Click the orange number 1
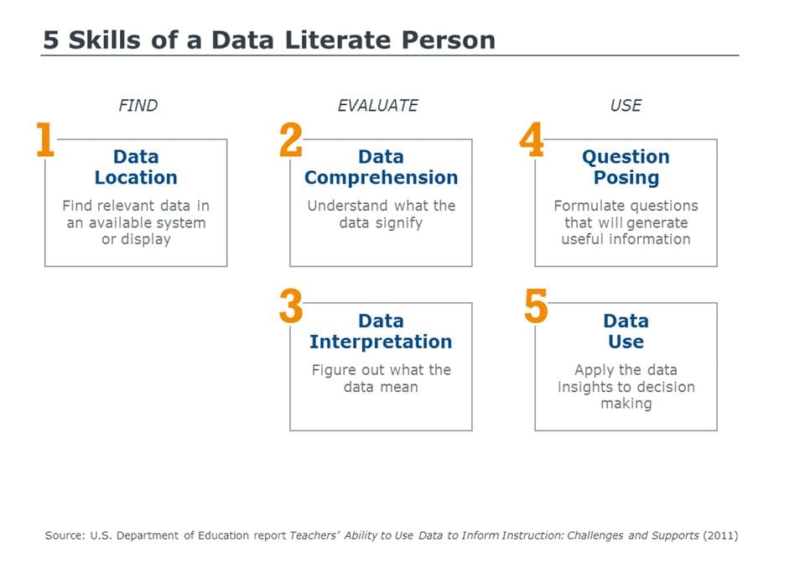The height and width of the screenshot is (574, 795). (x=45, y=139)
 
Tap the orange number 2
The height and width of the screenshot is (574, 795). (x=291, y=139)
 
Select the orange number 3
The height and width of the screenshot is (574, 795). (x=291, y=305)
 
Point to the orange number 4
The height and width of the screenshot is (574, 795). (x=532, y=139)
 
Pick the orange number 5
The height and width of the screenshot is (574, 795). (x=536, y=305)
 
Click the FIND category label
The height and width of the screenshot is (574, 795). (x=138, y=105)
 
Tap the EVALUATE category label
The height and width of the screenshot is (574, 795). (x=377, y=105)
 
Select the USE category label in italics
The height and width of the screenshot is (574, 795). (x=626, y=105)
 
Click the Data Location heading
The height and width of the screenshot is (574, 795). (x=136, y=167)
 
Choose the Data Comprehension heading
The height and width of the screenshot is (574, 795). (x=381, y=167)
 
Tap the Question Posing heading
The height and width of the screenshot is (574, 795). (x=626, y=168)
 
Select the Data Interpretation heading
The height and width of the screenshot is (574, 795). (x=381, y=331)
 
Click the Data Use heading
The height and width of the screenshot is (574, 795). (x=626, y=331)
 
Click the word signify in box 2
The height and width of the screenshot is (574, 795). (x=398, y=222)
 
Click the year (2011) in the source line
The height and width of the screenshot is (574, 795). (x=720, y=535)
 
